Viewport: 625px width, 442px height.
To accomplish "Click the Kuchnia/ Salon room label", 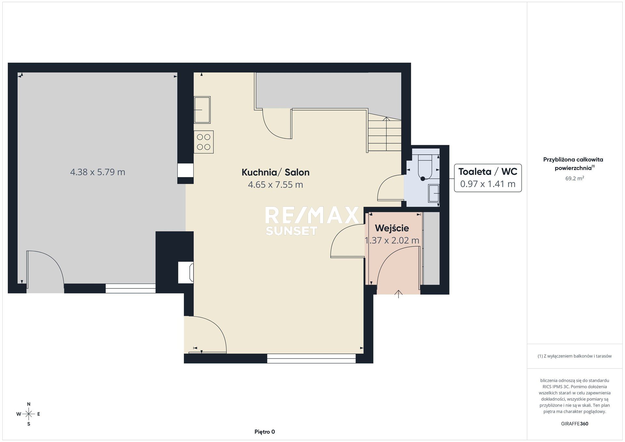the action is pos(275,172).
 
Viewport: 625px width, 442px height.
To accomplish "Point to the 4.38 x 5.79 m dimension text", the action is pos(98,172).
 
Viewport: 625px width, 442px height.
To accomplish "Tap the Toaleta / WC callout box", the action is pos(488,178).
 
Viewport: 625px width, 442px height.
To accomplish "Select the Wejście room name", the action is pos(392,228).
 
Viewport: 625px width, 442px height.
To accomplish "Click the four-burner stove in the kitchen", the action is pos(204,142).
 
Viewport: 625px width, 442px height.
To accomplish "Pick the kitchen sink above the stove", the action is pos(202,110).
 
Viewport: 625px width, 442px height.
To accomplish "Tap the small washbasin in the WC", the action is pos(434,193).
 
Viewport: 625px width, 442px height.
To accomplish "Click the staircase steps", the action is pos(384,132).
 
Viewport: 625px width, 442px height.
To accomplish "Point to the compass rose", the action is pos(29,414).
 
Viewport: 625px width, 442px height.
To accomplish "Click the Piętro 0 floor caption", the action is pos(265,432).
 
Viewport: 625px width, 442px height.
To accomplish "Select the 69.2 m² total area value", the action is pos(575,178).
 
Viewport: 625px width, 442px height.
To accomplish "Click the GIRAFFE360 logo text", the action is pos(575,424).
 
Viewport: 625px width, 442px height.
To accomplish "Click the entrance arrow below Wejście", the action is pos(398,294).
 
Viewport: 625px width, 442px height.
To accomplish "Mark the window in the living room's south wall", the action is pos(312,358).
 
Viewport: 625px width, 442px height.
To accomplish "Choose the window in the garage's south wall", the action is pos(131,288).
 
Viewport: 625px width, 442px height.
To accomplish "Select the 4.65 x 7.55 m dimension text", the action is pos(275,185).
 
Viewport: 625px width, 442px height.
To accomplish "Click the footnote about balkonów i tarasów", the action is pos(575,356).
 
